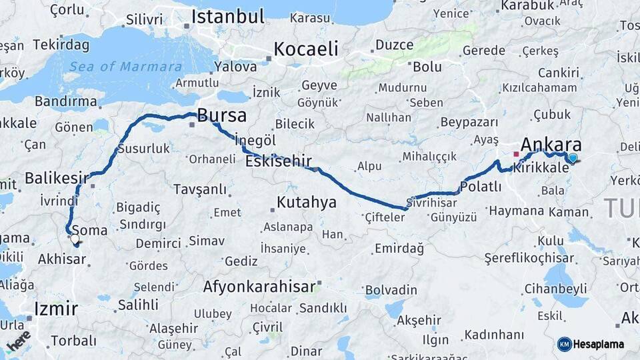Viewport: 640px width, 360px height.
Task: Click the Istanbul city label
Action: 228,16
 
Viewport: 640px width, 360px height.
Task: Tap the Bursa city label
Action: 222,115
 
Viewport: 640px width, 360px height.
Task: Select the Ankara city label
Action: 551,145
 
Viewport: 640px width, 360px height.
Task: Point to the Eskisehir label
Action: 274,161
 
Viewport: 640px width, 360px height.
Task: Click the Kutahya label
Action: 307,203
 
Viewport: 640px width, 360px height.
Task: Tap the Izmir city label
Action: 56,309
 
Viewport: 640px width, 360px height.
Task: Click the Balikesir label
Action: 57,178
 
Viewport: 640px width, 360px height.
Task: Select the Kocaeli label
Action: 306,49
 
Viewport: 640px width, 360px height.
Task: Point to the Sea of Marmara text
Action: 125,67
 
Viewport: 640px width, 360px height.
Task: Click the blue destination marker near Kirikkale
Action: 572,158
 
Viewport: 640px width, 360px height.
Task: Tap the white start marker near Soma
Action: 75,238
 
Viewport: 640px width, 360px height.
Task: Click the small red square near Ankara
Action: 515,154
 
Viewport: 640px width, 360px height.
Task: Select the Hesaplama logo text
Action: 598,344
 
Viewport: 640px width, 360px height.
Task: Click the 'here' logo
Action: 19,340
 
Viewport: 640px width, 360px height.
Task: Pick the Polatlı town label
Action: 480,187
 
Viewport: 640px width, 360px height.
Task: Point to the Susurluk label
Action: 143,149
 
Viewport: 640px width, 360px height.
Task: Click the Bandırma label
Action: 65,101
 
